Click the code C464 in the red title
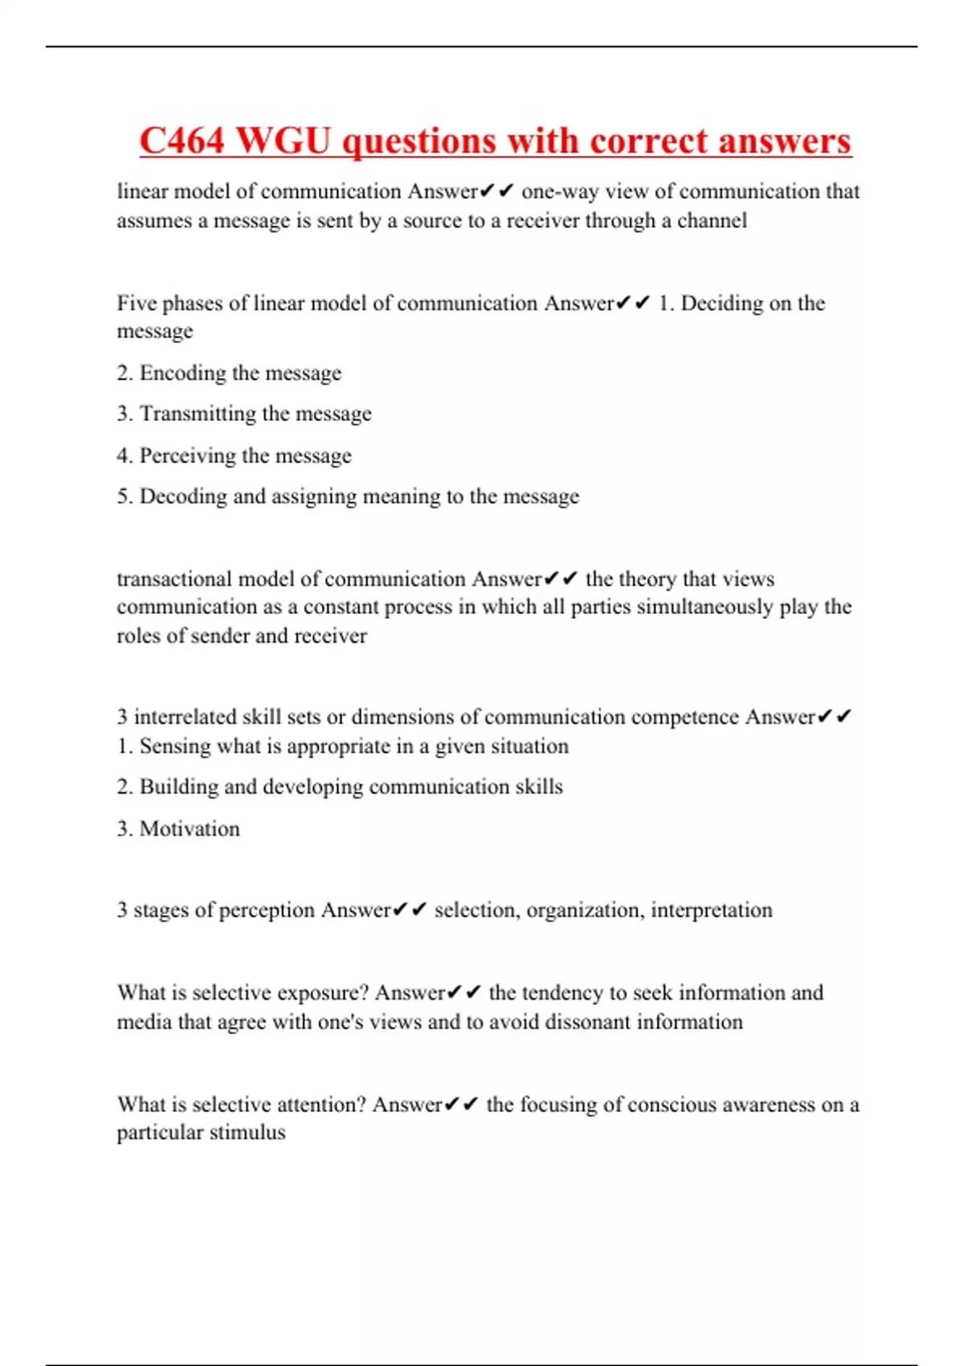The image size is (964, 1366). [182, 141]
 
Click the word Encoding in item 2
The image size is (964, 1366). [183, 374]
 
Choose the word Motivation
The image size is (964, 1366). [190, 828]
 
